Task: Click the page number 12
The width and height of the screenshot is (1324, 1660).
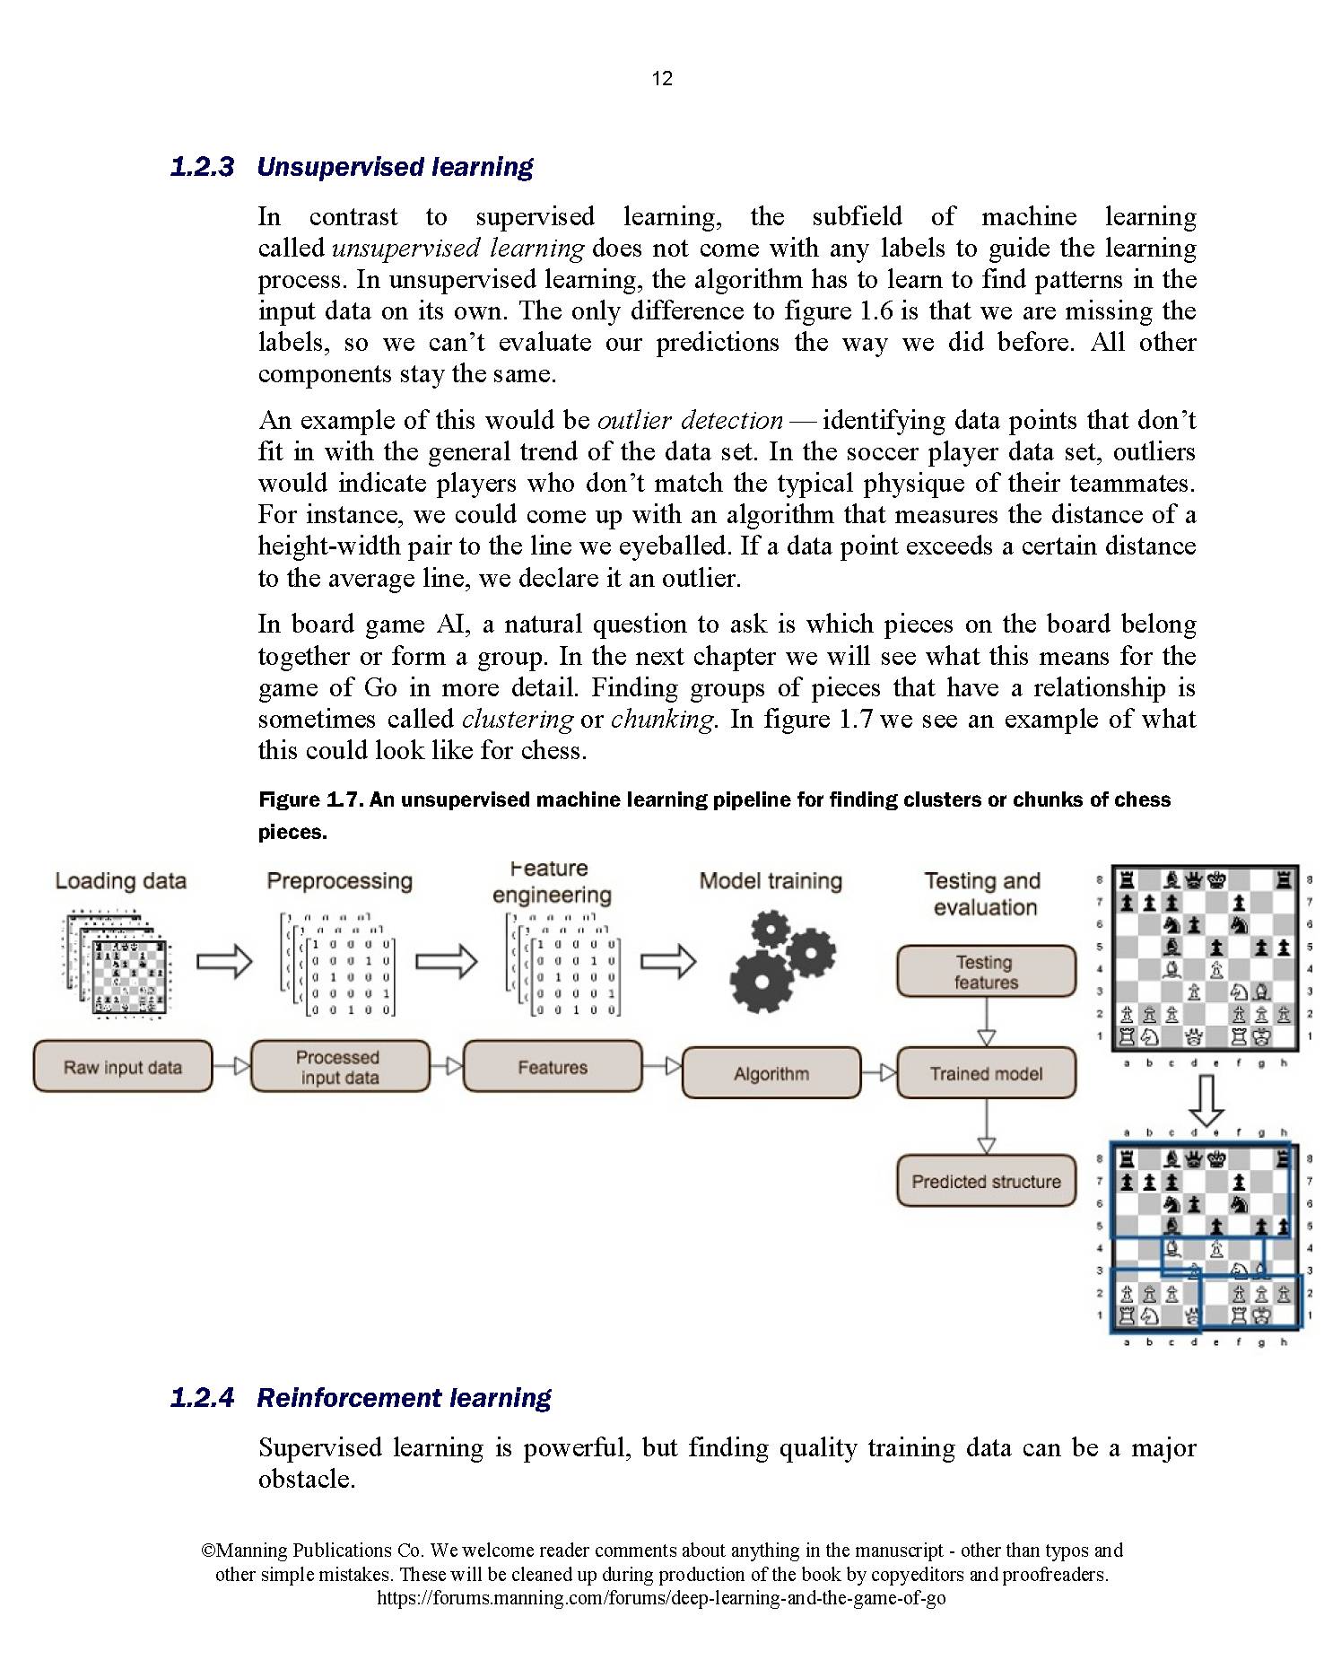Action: [661, 79]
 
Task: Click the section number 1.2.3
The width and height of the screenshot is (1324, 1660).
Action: [202, 167]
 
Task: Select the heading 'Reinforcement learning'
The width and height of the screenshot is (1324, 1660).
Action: [404, 1398]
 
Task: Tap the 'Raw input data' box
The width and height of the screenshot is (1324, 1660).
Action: [122, 1067]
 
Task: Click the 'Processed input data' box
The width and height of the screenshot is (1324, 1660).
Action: [339, 1067]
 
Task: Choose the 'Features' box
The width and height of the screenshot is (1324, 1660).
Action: [553, 1067]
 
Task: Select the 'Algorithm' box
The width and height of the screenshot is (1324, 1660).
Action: [771, 1073]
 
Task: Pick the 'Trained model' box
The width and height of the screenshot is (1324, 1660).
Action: [986, 1073]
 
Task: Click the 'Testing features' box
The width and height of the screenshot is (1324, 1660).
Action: [986, 972]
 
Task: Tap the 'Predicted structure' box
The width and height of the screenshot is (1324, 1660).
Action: [986, 1181]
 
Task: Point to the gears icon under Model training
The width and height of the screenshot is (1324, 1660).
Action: [781, 961]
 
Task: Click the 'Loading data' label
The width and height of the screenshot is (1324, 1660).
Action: [121, 880]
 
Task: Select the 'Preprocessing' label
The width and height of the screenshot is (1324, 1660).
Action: [339, 880]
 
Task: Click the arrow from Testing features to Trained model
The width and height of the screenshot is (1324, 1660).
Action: [986, 1022]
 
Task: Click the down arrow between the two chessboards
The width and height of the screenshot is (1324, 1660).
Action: [1206, 1099]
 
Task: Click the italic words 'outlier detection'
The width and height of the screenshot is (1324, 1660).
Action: [690, 420]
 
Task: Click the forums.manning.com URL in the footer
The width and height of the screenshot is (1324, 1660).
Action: [661, 1598]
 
